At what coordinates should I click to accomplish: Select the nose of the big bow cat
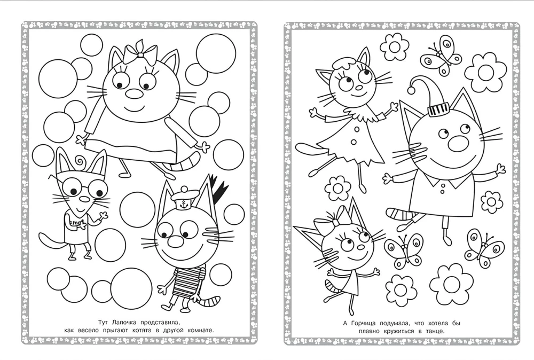tap(133, 94)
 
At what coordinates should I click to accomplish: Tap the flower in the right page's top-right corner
tap(485, 73)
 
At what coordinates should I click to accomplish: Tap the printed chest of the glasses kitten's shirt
tap(75, 218)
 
